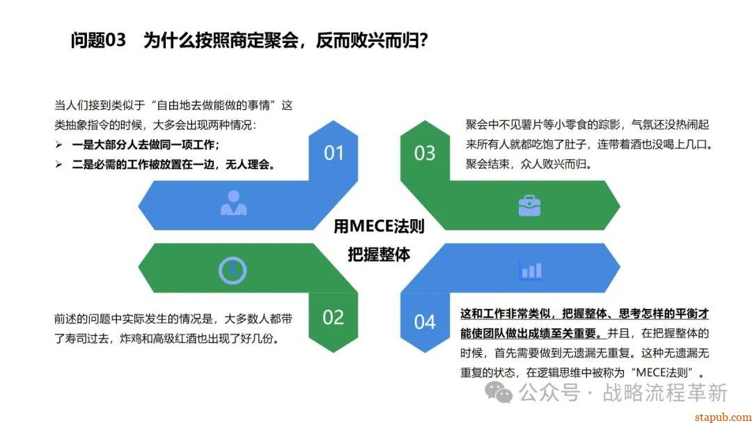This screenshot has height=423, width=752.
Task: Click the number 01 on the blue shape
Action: pyautogui.click(x=334, y=153)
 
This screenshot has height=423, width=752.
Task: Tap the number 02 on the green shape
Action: pyautogui.click(x=334, y=318)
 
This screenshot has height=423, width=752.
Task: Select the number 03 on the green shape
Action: pyautogui.click(x=425, y=153)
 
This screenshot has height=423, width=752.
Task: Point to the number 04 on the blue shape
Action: pyautogui.click(x=425, y=322)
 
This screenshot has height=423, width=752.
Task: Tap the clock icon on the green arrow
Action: pyautogui.click(x=233, y=271)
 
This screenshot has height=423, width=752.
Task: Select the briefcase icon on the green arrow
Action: pyautogui.click(x=529, y=205)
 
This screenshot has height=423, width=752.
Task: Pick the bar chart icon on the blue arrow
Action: pyautogui.click(x=531, y=271)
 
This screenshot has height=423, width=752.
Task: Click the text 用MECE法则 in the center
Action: pyautogui.click(x=379, y=226)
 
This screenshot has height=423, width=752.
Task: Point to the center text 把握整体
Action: pyautogui.click(x=379, y=255)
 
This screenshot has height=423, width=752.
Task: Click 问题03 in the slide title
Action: pyautogui.click(x=98, y=40)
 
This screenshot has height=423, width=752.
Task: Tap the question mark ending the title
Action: pyautogui.click(x=423, y=40)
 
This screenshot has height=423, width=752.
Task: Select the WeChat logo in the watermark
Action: pyautogui.click(x=499, y=392)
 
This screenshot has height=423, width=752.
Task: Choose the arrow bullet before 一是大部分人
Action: pyautogui.click(x=58, y=145)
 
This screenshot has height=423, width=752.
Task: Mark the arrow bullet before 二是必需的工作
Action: pyautogui.click(x=58, y=165)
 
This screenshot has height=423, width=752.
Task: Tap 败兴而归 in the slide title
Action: pyautogui.click(x=378, y=40)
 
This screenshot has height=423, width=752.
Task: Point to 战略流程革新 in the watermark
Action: pyautogui.click(x=665, y=392)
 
